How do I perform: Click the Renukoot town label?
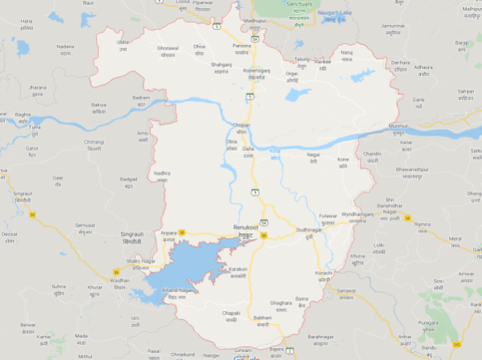click(245, 228)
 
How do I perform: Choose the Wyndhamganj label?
click(358, 215)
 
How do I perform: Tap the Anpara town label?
click(168, 233)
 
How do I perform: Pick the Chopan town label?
click(241, 125)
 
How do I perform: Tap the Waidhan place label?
click(119, 281)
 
